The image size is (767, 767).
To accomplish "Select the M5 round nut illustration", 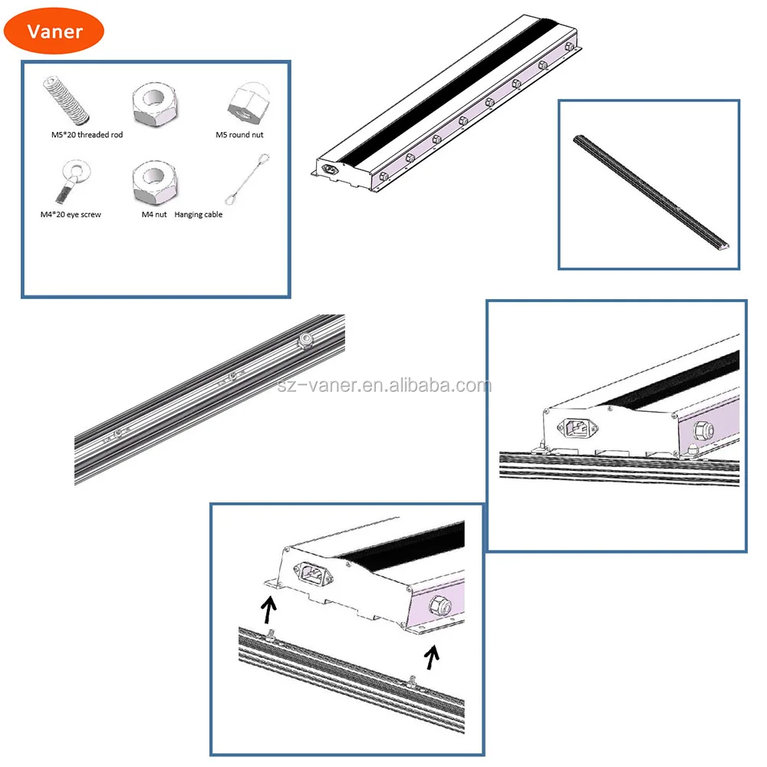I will coord(245,103).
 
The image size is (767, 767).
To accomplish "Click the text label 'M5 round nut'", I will coord(239,135).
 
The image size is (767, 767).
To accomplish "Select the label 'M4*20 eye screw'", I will coord(71,215).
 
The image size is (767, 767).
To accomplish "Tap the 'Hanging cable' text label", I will coord(199,215).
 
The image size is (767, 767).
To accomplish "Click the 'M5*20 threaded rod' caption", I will coord(87,135).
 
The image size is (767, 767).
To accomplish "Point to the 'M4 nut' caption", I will coord(154,215).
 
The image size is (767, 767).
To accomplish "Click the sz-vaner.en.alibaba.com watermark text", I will coord(383,385).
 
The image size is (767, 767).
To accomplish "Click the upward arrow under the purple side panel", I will coord(433,657).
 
